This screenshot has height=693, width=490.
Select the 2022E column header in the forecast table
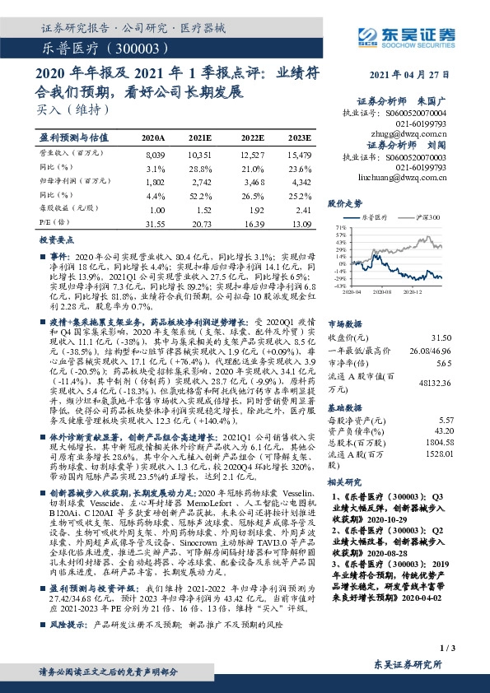[253, 137]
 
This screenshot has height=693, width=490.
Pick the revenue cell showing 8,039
[155, 154]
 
